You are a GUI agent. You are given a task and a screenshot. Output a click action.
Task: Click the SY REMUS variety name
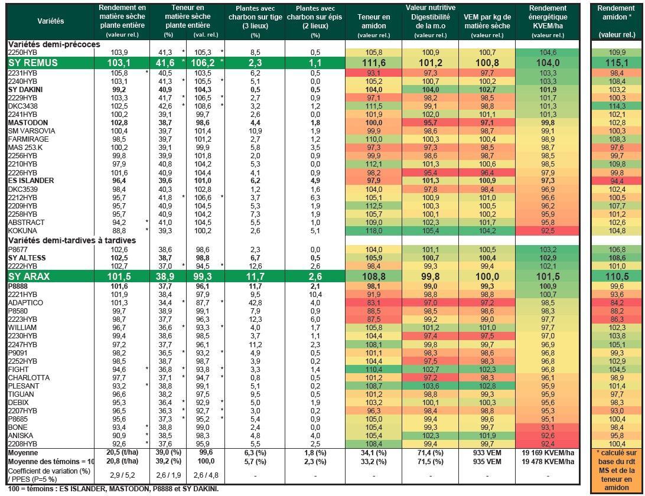coord(33,63)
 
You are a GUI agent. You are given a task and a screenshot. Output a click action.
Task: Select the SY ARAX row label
coord(29,276)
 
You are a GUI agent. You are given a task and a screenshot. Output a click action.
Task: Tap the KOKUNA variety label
coord(22,231)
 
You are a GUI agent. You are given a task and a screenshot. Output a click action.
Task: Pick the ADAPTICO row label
coord(25,303)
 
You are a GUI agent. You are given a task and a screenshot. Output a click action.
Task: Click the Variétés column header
coord(51,21)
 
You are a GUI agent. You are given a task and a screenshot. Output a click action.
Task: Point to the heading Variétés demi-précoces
coord(54,44)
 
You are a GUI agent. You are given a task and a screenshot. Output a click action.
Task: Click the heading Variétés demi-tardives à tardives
coord(72,240)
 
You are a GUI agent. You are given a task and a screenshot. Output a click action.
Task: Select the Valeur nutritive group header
coord(430,8)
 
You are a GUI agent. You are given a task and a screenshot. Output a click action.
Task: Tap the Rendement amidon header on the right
coord(616,12)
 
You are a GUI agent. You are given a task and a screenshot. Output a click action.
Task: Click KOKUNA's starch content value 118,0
coord(373,231)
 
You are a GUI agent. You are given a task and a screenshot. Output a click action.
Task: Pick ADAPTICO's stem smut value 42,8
coord(255,303)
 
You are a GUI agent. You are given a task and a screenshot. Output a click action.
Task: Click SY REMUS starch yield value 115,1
coord(617,63)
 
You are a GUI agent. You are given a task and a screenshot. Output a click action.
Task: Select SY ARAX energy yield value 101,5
coord(548,276)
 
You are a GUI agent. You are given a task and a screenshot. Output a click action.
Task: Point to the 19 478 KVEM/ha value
coord(548,461)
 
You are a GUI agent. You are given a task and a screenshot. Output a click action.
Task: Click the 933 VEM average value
coord(487,453)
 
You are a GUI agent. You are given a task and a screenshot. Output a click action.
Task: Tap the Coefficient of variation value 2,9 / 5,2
coord(122,475)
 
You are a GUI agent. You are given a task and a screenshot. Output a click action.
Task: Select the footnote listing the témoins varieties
coord(113,489)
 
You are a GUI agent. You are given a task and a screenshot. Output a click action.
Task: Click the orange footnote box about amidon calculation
coord(616,470)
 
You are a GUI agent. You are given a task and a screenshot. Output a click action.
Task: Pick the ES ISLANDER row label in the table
coord(31,181)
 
